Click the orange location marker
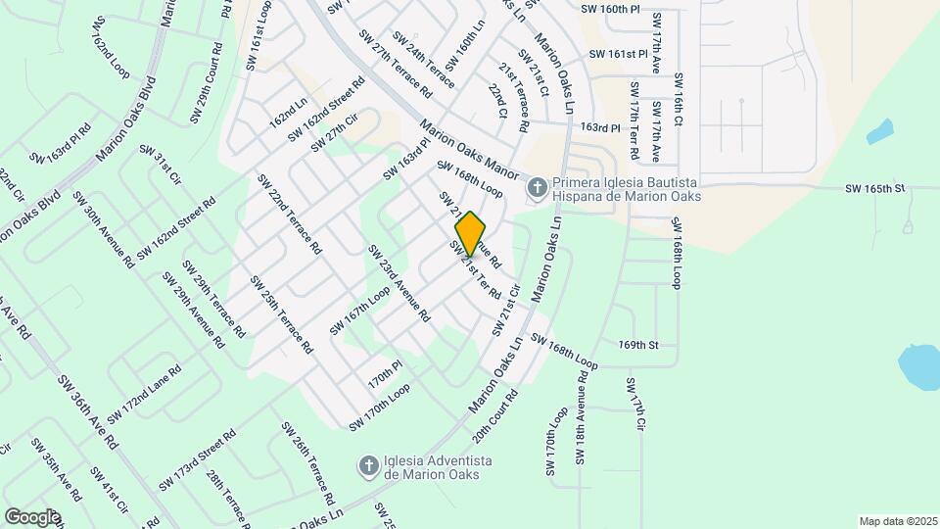tap(470, 233)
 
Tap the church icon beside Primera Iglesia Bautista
tap(537, 186)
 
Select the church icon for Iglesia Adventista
tap(368, 465)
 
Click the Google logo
tap(32, 516)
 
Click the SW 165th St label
tap(877, 187)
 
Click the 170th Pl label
tap(385, 373)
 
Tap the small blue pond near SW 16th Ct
tap(879, 131)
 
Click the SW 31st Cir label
tap(161, 166)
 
